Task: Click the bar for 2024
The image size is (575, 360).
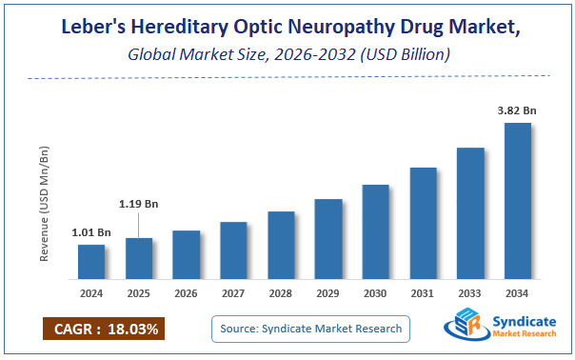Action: [x=91, y=262]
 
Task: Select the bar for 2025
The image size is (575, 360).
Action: [x=139, y=258]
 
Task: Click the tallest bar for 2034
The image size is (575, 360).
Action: [x=517, y=201]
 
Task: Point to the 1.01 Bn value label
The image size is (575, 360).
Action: [x=91, y=232]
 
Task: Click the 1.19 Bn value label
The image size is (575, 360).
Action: [x=139, y=203]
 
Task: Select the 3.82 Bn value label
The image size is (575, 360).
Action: [x=517, y=110]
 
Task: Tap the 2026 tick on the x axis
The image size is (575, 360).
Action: [x=187, y=293]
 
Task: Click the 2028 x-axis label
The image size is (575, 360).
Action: [x=281, y=293]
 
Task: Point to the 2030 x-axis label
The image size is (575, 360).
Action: [x=375, y=293]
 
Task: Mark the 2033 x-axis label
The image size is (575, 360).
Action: [x=470, y=293]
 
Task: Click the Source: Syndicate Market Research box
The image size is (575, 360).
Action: [x=309, y=330]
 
